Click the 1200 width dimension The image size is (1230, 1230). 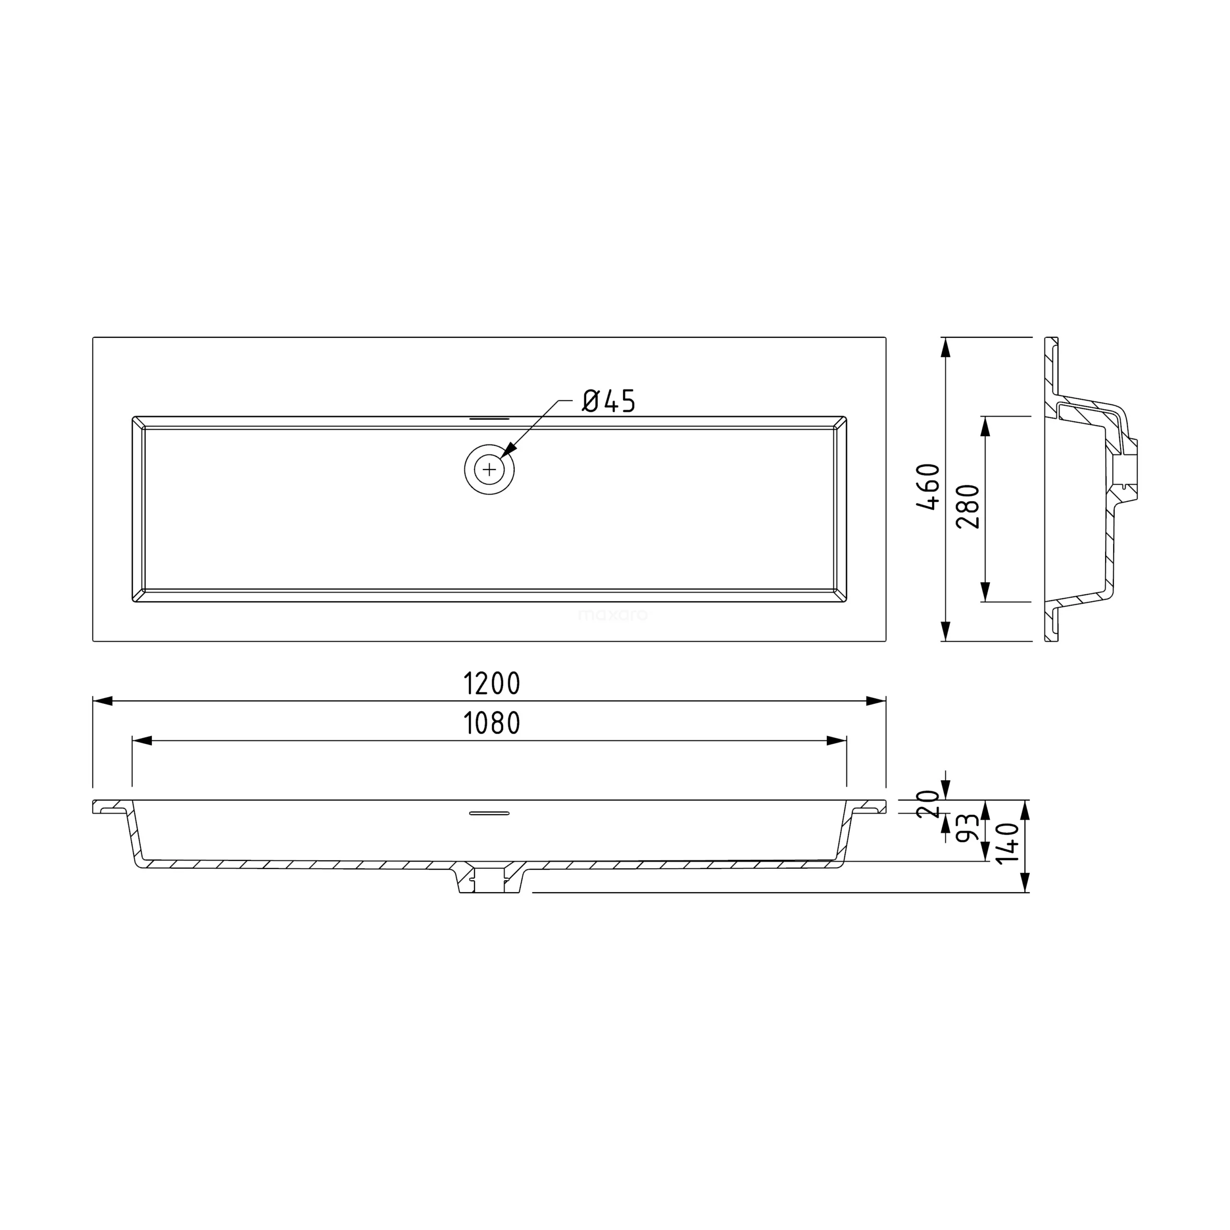tap(492, 684)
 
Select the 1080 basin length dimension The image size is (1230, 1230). tap(492, 723)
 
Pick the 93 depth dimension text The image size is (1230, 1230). tap(968, 828)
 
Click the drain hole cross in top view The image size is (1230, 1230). tap(489, 470)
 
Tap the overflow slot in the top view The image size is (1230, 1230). tap(489, 419)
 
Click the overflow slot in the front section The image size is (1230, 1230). tap(489, 813)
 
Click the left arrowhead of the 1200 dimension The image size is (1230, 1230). tap(102, 701)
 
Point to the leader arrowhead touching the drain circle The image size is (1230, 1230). tap(507, 453)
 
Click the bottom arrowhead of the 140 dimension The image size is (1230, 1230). tap(1025, 883)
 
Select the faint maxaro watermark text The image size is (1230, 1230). tap(613, 615)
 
